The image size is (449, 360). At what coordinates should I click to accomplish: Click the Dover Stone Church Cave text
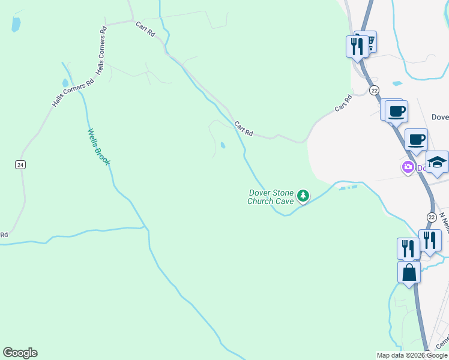coord(271,197)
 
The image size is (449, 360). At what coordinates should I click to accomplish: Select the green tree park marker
coord(304,195)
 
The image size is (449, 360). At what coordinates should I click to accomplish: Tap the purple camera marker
coord(408,167)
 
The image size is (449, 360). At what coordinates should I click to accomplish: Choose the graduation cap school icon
coord(437,162)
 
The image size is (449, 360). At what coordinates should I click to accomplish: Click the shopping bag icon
coord(409,272)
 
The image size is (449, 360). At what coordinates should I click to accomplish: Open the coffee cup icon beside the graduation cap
coord(416,140)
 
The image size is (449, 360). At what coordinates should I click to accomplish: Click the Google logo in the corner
coord(20,353)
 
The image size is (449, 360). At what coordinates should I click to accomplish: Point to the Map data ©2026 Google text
coord(412,355)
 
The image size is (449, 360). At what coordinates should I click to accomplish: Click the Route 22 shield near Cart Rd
coord(374,90)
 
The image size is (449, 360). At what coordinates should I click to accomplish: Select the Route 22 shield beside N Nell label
coord(432,217)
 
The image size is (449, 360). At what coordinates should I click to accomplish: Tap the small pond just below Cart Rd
coord(223,145)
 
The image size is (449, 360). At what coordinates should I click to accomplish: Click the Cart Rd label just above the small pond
coord(244,128)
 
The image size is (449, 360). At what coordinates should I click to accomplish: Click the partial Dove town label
coord(440,117)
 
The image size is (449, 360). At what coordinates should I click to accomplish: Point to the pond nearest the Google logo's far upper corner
coord(16,25)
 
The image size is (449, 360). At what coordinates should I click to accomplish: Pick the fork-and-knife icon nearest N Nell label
coord(430,240)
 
